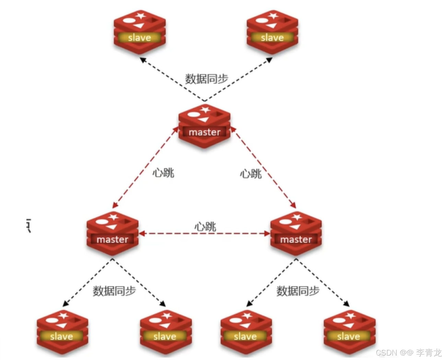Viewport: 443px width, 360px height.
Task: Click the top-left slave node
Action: coord(140,32)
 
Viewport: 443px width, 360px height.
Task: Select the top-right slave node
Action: coord(272,32)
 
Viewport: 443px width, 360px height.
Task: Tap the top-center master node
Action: coord(205,126)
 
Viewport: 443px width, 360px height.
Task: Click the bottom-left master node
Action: coord(113,233)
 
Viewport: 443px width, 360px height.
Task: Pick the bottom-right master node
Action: coord(296,233)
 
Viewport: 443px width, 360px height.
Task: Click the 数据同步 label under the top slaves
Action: coord(207,79)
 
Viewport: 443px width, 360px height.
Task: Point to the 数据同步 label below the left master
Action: coord(114,291)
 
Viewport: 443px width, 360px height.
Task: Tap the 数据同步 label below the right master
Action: coord(298,291)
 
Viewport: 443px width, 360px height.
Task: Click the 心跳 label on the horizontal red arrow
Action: coord(205,227)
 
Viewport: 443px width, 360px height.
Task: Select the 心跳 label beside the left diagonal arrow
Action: coord(163,173)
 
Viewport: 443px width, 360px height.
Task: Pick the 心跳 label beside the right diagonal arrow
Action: coord(251,174)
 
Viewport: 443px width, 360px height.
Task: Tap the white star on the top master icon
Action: coord(205,110)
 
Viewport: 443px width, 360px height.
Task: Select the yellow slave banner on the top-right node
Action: coord(272,37)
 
